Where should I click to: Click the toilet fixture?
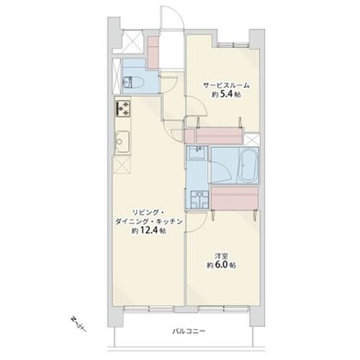(x=133, y=83)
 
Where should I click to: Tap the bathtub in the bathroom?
(x=248, y=166)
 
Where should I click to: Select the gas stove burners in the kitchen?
(x=123, y=109)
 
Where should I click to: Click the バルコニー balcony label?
(x=189, y=331)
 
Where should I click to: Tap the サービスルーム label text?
(x=226, y=85)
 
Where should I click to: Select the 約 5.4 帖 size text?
(x=226, y=94)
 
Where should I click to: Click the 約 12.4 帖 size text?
(x=148, y=230)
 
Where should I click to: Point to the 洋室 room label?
(x=221, y=255)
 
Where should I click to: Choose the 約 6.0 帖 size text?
(x=221, y=265)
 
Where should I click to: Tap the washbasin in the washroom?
(x=197, y=153)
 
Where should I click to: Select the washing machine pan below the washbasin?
(x=199, y=199)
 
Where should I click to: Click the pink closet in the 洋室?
(x=235, y=198)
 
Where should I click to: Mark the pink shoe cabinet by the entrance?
(x=153, y=53)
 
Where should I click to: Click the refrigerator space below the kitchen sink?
(x=122, y=164)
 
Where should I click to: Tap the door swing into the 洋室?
(x=197, y=222)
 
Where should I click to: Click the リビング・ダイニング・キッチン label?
(x=148, y=217)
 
